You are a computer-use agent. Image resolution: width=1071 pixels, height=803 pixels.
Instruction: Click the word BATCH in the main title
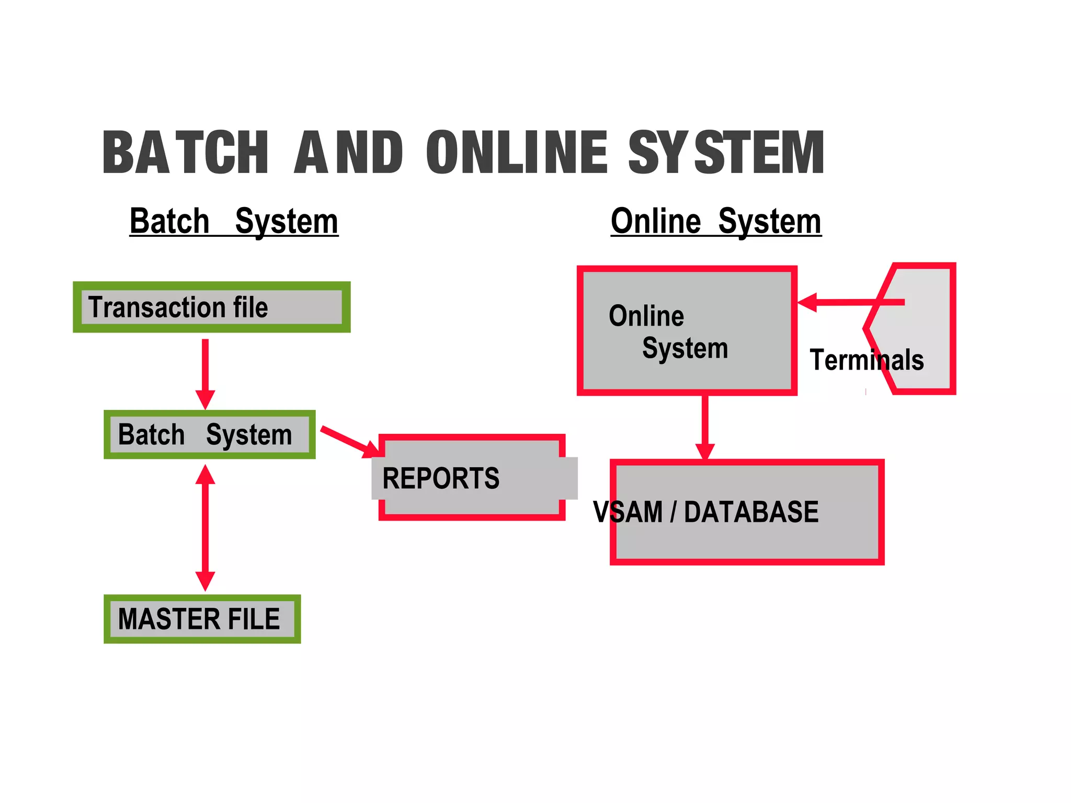point(186,152)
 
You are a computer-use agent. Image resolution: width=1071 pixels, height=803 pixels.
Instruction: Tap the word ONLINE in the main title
point(517,152)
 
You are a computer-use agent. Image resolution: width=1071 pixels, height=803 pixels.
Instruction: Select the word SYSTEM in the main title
point(726,152)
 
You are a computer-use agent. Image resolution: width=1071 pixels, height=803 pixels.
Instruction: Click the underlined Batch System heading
point(234,221)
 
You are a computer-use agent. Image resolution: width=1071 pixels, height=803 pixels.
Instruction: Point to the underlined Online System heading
point(716,221)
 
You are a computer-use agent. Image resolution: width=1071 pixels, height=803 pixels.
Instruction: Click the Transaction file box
point(211,307)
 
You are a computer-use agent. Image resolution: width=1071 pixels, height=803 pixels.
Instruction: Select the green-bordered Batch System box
point(209,434)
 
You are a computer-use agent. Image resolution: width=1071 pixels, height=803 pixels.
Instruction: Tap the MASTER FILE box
point(202,619)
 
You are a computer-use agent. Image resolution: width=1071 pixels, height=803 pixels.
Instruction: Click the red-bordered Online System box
point(687,330)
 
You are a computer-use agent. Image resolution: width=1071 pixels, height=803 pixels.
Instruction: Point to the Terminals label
point(867,360)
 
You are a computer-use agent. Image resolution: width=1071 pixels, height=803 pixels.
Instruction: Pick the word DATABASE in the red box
point(751,512)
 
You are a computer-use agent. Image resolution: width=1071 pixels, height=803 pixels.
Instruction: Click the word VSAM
point(628,512)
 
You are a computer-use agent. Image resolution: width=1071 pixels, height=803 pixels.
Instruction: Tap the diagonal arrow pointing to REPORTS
point(348,441)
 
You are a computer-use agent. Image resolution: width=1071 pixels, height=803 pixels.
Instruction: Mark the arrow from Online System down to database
point(705,426)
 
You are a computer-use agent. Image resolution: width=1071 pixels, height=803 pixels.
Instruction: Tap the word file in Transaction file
point(250,307)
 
